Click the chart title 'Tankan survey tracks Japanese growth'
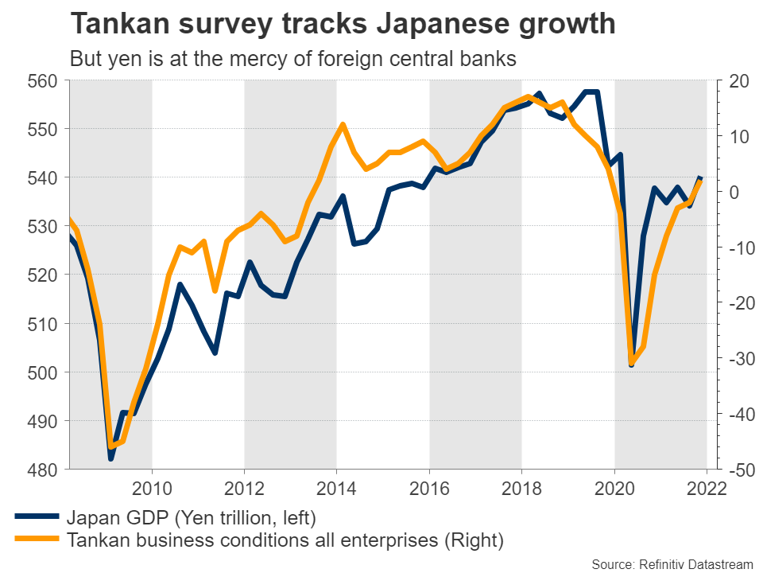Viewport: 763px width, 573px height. coord(343,24)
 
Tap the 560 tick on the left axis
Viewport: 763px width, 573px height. coord(44,80)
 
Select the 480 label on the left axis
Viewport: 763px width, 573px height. coord(44,470)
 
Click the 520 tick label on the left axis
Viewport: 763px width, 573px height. coord(44,275)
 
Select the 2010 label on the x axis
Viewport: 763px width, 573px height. coord(152,488)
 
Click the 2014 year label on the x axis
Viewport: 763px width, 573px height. coord(337,488)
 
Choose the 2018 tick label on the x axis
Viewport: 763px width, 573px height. coord(521,488)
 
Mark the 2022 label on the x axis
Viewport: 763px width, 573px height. coord(707,488)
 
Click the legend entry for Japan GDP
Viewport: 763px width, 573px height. coord(192,519)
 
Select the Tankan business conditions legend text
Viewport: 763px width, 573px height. coord(285,541)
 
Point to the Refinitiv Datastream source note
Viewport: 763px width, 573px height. coord(672,564)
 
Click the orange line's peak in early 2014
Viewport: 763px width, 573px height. coord(343,124)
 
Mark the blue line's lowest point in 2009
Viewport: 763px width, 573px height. coord(111,458)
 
